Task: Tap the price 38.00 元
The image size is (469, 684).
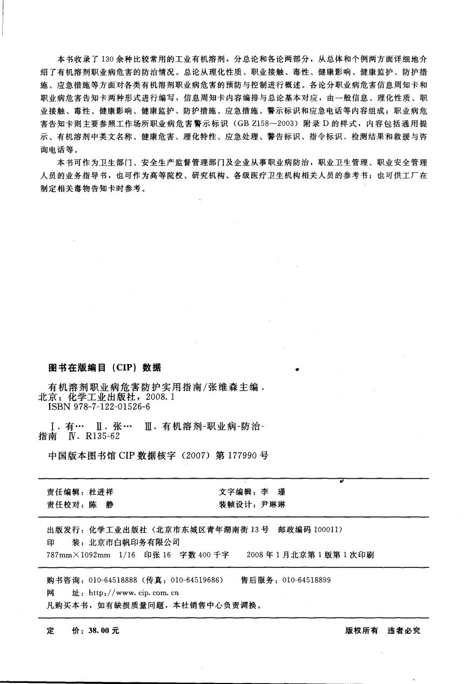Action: [x=99, y=631]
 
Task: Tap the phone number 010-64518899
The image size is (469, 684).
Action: [x=306, y=580]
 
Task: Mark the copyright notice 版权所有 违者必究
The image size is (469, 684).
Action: [x=382, y=631]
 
